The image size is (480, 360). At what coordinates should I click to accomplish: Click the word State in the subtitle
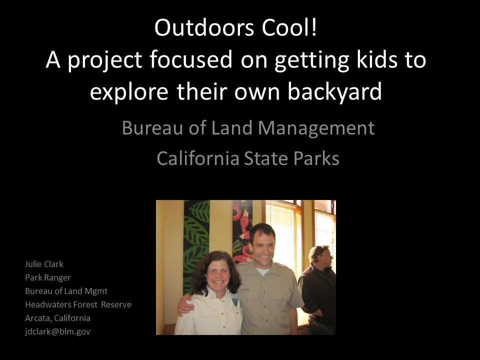[x=265, y=158]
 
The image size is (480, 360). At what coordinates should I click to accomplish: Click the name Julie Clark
[x=44, y=264]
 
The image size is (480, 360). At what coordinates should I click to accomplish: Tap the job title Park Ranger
[x=48, y=277]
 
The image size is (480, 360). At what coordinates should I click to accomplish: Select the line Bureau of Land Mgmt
[x=66, y=291]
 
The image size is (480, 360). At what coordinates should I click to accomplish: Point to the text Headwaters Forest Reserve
[x=78, y=304]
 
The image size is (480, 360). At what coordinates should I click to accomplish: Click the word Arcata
[x=38, y=318]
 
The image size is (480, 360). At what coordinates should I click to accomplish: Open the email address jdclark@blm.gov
[x=57, y=331]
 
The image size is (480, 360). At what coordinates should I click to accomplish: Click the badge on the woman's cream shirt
[x=234, y=302]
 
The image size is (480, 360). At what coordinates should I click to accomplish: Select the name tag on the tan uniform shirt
[x=246, y=289]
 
